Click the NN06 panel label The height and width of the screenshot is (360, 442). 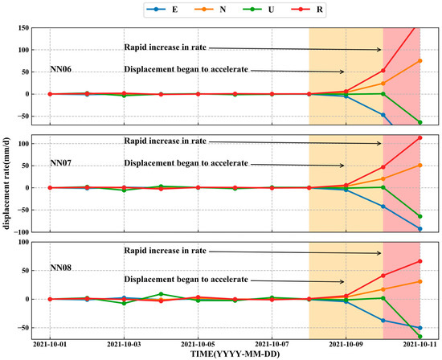pos(62,70)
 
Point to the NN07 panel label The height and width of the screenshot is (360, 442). pos(62,164)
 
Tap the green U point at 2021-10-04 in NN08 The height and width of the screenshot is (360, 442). pos(161,294)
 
